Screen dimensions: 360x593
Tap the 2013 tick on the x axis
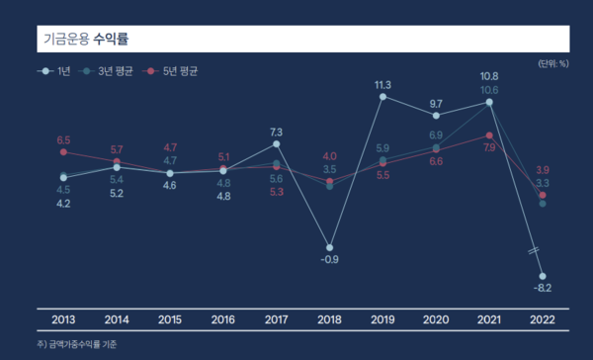tap(62, 319)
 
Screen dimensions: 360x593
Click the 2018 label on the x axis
tap(329, 319)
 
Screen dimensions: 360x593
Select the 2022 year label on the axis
tap(543, 319)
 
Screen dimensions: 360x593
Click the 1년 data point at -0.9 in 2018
tap(329, 247)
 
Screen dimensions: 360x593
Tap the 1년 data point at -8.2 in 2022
tap(543, 276)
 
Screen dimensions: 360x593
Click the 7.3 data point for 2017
tap(276, 143)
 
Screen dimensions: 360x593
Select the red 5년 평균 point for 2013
tap(63, 152)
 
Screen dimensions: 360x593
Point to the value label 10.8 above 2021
tap(489, 76)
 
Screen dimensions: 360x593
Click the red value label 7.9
tap(489, 147)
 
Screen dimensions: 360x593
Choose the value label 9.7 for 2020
tap(436, 103)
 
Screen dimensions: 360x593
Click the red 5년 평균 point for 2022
tap(543, 195)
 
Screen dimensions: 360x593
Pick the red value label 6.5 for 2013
tap(63, 139)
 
